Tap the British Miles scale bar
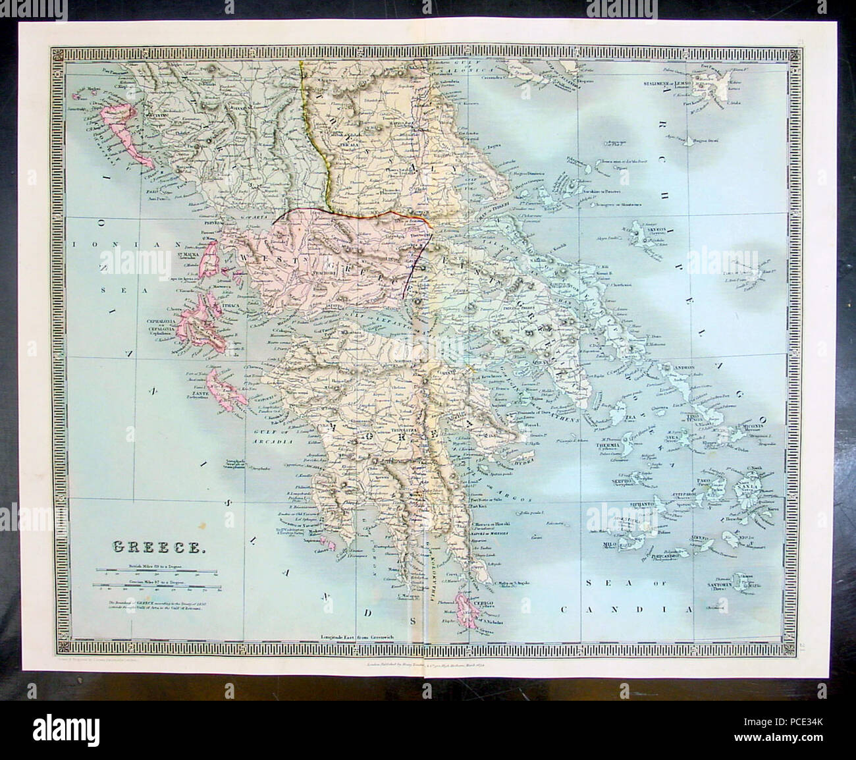click(x=158, y=571)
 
